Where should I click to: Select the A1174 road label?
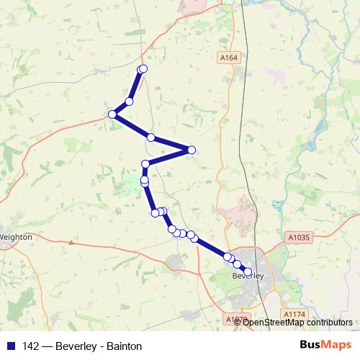(294, 314)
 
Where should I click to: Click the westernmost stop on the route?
(112, 114)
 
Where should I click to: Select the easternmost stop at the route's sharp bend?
(192, 150)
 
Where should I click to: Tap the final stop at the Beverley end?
(248, 270)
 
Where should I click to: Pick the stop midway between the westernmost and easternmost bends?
(151, 137)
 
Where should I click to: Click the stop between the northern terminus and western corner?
(130, 101)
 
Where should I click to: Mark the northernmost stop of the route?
(143, 68)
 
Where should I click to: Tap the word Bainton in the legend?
(123, 346)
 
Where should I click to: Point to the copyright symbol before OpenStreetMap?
(238, 323)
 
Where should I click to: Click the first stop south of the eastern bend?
(145, 164)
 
